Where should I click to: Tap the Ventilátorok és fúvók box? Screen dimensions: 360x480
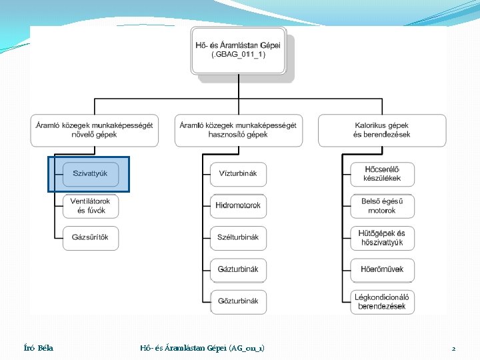[x=91, y=205]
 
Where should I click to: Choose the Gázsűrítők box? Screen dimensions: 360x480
[x=91, y=238]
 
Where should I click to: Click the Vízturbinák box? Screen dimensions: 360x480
[x=238, y=174]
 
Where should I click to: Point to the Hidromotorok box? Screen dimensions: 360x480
[x=238, y=205]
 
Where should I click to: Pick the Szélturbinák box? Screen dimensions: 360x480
[x=238, y=237]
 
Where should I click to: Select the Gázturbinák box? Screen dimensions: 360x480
[x=238, y=269]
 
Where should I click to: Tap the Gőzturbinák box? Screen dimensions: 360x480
[x=238, y=301]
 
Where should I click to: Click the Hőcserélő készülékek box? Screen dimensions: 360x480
[x=382, y=174]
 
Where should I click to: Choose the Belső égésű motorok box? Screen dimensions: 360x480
[x=382, y=205]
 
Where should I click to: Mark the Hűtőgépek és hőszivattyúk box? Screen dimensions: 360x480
[x=382, y=238]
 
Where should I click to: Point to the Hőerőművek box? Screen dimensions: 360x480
[x=382, y=269]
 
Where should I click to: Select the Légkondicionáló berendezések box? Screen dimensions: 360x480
[x=382, y=301]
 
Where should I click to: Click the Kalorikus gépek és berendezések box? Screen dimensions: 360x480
[x=382, y=130]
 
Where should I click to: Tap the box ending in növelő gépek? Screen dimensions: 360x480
[x=94, y=130]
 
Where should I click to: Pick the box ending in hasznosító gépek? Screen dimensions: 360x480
[x=238, y=130]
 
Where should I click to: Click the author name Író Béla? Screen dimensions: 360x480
[x=38, y=348]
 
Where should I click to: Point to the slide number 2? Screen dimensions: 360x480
[x=453, y=349]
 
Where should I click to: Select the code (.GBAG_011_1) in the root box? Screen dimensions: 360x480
[x=238, y=55]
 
